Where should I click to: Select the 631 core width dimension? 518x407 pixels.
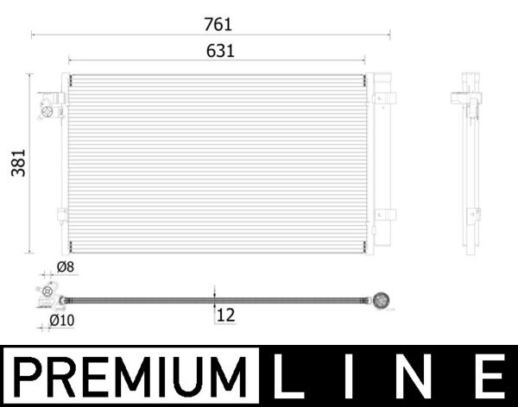[x=219, y=51]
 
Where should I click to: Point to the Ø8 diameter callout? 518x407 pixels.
[x=66, y=268]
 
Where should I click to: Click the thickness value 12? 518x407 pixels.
[x=225, y=316]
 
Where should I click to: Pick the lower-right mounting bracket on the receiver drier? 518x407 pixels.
[x=384, y=216]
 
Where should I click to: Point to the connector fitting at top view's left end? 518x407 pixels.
[x=47, y=293]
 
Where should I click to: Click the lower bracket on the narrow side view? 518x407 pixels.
[x=471, y=216]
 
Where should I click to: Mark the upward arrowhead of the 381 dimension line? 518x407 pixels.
[x=31, y=78]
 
